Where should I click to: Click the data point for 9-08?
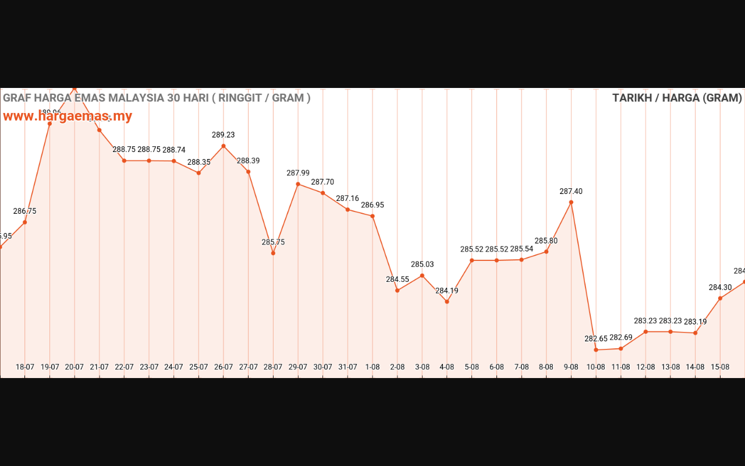click(571, 202)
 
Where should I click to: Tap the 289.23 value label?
click(223, 135)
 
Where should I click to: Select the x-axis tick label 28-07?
click(273, 367)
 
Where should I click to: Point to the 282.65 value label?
click(596, 338)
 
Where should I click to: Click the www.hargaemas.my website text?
click(68, 116)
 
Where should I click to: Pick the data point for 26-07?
click(223, 146)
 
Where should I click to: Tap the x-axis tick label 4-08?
click(447, 367)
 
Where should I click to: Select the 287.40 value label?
click(571, 191)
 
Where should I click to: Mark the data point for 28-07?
click(273, 253)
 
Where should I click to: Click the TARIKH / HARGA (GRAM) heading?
click(677, 98)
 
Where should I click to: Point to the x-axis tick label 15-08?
click(720, 367)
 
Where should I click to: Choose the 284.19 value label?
click(447, 291)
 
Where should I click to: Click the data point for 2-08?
click(398, 290)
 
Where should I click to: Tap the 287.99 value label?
click(298, 173)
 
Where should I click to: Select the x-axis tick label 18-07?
click(25, 367)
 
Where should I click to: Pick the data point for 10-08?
click(596, 349)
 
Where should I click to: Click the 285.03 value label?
click(422, 264)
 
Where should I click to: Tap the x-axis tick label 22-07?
click(124, 367)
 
